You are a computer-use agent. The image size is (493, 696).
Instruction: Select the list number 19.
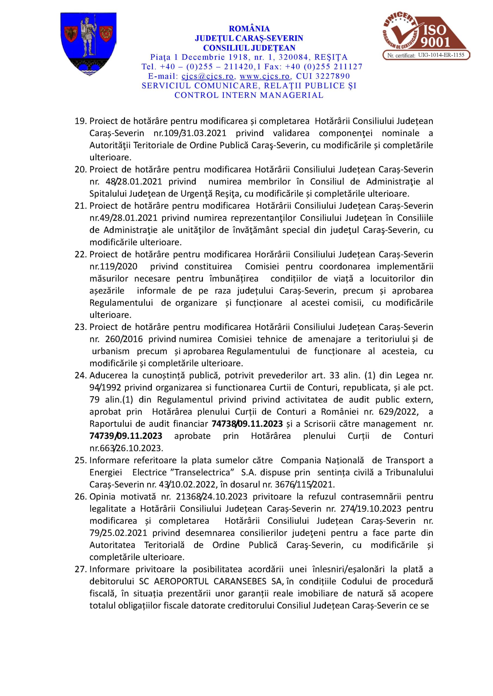pos(81,121)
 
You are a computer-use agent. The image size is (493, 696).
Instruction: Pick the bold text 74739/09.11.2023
pos(126,436)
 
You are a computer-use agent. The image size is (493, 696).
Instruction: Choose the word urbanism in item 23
pos(111,351)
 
